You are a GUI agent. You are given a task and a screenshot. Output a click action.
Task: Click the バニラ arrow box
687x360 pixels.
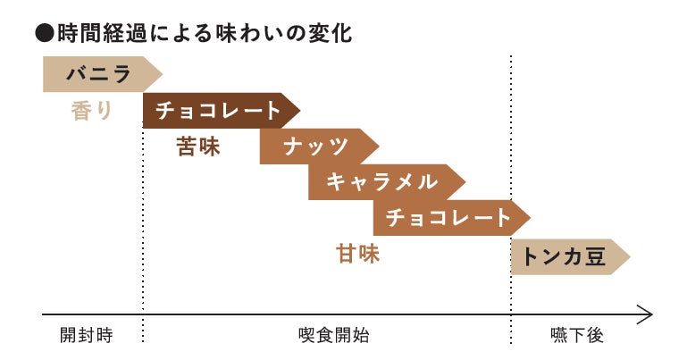98,73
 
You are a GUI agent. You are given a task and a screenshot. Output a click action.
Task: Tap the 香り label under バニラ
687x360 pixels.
92,112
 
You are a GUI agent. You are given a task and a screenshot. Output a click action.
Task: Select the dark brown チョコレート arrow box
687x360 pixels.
218,110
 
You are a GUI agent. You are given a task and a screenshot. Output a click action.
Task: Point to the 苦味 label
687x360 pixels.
198,147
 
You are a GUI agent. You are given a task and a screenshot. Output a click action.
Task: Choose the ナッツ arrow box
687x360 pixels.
315,147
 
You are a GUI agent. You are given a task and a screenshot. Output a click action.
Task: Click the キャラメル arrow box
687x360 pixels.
382,182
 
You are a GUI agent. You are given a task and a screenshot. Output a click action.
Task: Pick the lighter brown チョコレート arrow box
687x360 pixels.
448,217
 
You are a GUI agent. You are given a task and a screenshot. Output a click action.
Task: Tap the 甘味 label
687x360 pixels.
357,254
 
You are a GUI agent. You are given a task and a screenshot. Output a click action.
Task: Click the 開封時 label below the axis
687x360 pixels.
87,336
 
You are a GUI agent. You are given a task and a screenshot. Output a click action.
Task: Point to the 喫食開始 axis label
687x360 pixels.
333,336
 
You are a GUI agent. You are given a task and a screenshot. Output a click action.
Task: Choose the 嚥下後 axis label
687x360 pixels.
577,336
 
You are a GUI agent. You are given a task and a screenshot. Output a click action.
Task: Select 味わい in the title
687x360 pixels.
251,34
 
